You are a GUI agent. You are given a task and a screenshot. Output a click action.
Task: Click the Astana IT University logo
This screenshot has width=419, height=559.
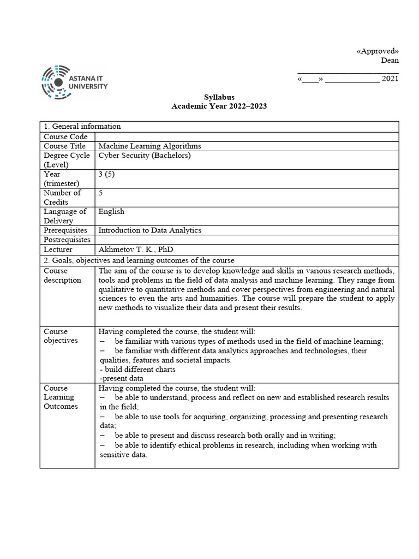coord(75,82)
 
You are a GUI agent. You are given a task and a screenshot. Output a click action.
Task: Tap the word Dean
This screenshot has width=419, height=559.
coord(390,61)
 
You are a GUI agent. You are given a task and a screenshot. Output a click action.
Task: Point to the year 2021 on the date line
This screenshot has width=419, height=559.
coord(390,79)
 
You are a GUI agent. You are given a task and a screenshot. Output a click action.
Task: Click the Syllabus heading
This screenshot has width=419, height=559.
coord(219,97)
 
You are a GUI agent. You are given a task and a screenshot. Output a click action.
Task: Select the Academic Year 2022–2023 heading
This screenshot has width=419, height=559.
coord(219,106)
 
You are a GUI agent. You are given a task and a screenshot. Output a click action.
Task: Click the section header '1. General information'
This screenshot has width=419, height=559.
coord(82,126)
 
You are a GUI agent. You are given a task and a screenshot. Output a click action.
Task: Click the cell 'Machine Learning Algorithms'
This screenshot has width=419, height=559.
coord(149,146)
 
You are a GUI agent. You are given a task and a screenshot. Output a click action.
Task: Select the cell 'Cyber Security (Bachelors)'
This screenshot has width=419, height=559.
coord(145,156)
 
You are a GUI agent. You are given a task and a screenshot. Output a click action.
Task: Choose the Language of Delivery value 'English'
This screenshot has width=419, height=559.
coord(111,211)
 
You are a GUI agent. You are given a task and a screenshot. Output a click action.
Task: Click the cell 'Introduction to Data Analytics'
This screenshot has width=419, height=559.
coord(149,230)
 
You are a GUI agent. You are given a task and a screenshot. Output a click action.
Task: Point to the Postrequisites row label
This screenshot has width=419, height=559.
coord(66,240)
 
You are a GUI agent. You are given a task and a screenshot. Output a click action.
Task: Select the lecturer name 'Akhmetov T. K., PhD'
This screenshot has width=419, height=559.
coord(135,249)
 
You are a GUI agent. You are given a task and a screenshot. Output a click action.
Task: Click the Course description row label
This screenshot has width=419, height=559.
coord(63,275)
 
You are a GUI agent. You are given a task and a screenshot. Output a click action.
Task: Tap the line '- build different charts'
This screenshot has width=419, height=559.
coord(137,369)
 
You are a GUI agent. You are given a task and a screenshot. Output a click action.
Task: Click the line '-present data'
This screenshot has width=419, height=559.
coord(122,378)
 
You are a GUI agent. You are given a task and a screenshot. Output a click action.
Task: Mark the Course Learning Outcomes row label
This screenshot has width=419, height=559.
coord(61,397)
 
